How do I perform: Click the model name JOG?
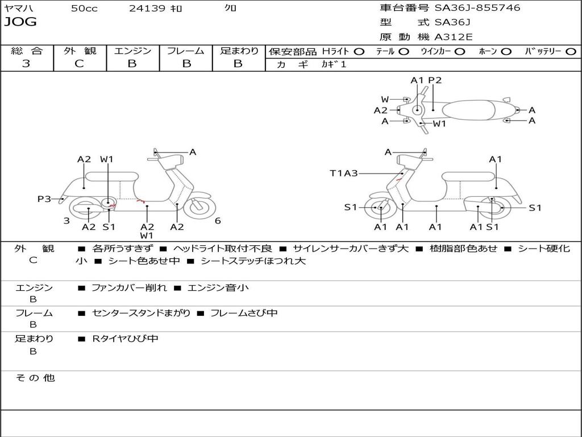click(x=20, y=22)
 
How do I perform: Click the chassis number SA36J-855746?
click(x=477, y=8)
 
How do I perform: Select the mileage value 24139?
click(x=147, y=9)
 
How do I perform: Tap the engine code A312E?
click(x=453, y=38)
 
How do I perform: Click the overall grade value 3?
click(x=26, y=64)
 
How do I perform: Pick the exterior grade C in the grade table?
click(x=80, y=64)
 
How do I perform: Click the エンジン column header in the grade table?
click(x=132, y=51)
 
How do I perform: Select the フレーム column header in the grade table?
click(x=186, y=51)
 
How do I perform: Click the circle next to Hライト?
click(x=359, y=52)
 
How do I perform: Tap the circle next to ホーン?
click(x=506, y=52)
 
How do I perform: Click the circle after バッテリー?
click(x=571, y=52)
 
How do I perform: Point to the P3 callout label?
click(x=44, y=199)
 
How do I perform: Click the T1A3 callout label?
click(x=343, y=173)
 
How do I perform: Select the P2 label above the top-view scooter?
click(x=435, y=80)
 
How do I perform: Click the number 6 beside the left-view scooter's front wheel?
click(x=218, y=221)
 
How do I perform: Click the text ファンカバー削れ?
click(x=129, y=288)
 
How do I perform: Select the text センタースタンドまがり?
click(x=141, y=313)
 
